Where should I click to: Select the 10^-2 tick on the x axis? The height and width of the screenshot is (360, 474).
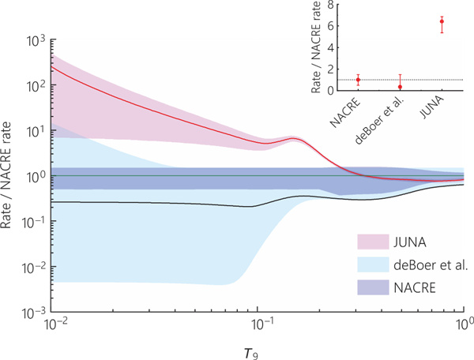click(54, 325)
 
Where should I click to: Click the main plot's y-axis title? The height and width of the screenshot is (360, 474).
click(10, 176)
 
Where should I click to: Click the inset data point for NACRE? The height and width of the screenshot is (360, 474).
click(359, 80)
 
